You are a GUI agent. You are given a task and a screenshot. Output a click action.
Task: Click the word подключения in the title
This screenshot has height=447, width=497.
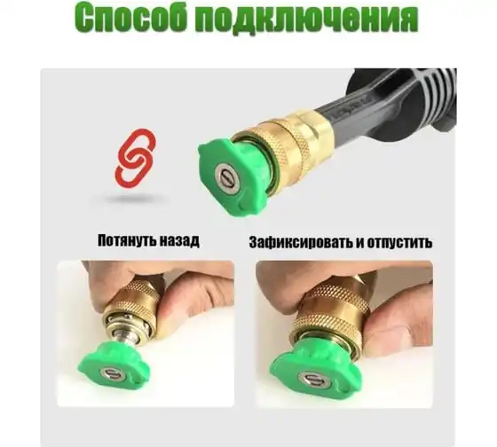308,20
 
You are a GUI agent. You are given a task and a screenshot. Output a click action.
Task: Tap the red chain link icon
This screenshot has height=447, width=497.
135,158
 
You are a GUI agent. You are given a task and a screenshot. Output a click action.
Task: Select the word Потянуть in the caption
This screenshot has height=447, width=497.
124,240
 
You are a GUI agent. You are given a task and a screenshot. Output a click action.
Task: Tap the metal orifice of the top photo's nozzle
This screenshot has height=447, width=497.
226,178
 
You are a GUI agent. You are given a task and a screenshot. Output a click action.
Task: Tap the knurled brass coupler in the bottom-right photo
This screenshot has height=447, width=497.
329,307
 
